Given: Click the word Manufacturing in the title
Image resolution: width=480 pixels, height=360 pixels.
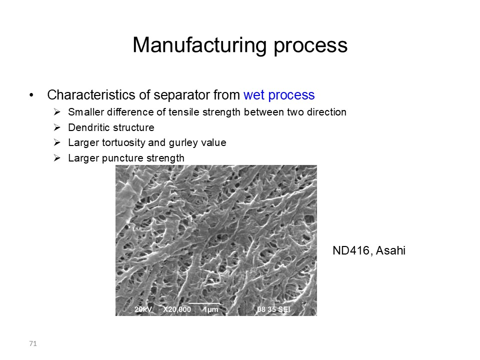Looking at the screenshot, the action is click(x=200, y=45).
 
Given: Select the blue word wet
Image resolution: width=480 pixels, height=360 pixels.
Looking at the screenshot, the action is click(x=254, y=95).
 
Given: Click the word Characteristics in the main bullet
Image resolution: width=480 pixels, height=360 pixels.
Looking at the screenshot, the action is click(x=91, y=95).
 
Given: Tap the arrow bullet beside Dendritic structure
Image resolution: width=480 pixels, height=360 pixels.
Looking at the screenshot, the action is click(x=57, y=127).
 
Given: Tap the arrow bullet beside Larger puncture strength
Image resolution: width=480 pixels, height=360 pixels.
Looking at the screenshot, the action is click(x=57, y=158).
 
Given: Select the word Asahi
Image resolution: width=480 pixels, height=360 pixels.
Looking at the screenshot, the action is click(x=390, y=250).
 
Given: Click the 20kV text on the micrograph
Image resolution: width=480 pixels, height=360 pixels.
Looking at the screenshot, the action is click(x=143, y=309).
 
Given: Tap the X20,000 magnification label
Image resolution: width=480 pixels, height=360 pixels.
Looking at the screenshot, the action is click(x=177, y=310).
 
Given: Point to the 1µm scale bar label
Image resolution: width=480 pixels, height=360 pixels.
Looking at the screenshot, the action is click(x=211, y=310).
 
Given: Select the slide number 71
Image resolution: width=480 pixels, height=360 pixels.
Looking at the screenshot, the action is click(x=33, y=344).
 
